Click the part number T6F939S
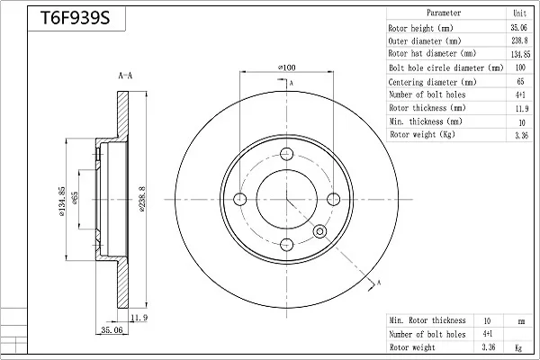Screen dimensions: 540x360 click(75, 18)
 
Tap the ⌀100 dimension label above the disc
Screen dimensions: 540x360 click(286, 67)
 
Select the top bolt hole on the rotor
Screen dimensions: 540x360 click(286, 154)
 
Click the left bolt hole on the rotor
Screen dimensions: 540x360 click(240, 199)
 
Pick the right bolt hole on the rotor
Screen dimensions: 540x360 click(333, 199)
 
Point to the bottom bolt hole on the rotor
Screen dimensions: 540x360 click(286, 245)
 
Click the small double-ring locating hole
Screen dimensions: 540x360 click(319, 231)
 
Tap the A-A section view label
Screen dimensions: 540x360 click(125, 76)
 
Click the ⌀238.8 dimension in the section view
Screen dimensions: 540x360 click(142, 199)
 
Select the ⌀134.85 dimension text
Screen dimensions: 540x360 click(61, 202)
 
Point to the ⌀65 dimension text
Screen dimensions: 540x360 click(75, 198)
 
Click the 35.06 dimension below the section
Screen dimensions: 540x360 click(112, 329)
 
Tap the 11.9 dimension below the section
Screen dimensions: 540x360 click(139, 318)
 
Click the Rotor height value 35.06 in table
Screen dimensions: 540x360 click(519, 28)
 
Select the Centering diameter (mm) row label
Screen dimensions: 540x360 click(432, 82)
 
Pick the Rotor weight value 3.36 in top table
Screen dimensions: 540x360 click(521, 135)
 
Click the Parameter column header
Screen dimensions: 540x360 click(444, 13)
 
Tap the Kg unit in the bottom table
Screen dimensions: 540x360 click(518, 348)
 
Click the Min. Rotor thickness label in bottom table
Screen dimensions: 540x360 click(427, 320)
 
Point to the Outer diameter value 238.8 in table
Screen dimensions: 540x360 click(519, 40)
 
